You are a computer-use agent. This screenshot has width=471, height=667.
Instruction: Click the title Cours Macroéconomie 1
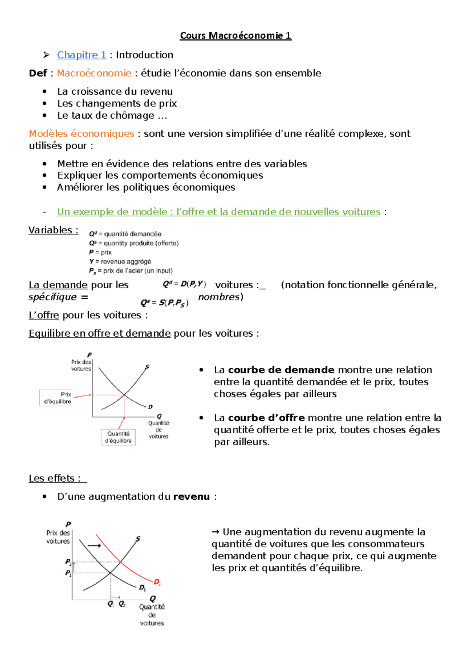tap(235, 36)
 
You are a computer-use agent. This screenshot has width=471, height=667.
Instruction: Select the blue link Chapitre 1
tap(81, 55)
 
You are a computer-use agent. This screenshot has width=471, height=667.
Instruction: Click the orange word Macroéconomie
tap(94, 73)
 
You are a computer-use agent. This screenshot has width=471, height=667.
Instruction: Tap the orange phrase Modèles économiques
tap(81, 134)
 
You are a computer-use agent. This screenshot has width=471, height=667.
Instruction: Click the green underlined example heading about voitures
tap(219, 212)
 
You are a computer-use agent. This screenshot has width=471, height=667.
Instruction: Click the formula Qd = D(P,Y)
tap(184, 284)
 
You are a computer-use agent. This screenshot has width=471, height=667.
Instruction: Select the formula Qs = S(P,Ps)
tap(164, 303)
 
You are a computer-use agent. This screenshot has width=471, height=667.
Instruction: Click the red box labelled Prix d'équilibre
tap(56, 398)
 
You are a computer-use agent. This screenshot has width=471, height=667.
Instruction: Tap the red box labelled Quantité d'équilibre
tap(118, 437)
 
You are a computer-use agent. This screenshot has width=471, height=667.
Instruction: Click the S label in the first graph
tap(147, 367)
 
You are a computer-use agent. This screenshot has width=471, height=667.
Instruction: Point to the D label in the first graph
tap(150, 407)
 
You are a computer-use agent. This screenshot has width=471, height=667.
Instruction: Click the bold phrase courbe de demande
tap(281, 370)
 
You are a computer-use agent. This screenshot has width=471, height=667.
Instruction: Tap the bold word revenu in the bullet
tap(192, 497)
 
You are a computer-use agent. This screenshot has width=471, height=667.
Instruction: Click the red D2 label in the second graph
tap(157, 582)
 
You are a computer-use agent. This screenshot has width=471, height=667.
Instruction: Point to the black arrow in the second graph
tap(94, 546)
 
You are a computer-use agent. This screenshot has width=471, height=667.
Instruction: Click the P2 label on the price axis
tap(68, 562)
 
